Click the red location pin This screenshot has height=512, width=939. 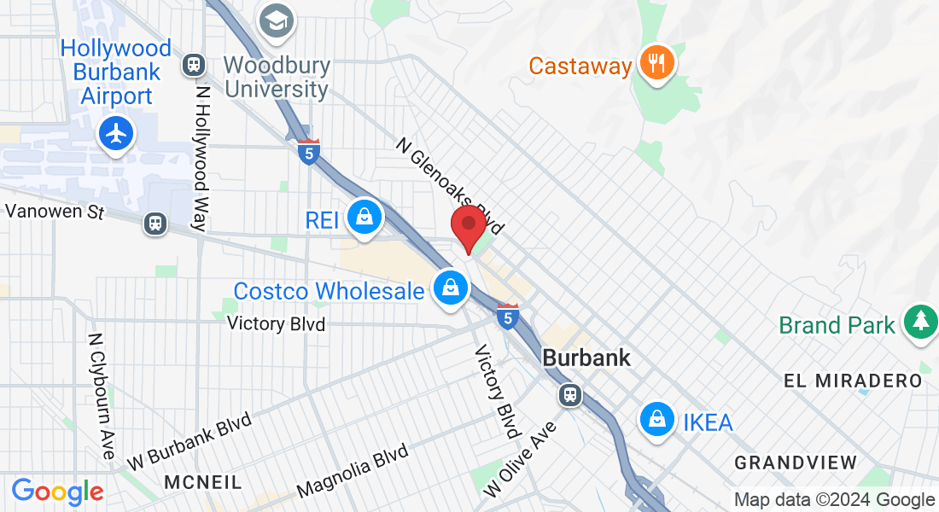468,225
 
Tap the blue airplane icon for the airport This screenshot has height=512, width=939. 116,134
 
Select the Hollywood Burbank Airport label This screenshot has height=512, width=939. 115,72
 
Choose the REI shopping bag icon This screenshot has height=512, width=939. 365,218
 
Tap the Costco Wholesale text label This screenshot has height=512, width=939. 329,291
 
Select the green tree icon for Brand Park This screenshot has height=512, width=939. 919,322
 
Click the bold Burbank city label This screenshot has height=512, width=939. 586,358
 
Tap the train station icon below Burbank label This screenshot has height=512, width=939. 569,395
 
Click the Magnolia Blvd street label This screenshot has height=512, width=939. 352,474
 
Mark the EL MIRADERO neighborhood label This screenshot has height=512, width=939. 853,381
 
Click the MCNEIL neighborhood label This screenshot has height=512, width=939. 202,482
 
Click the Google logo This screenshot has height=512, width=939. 57,492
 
